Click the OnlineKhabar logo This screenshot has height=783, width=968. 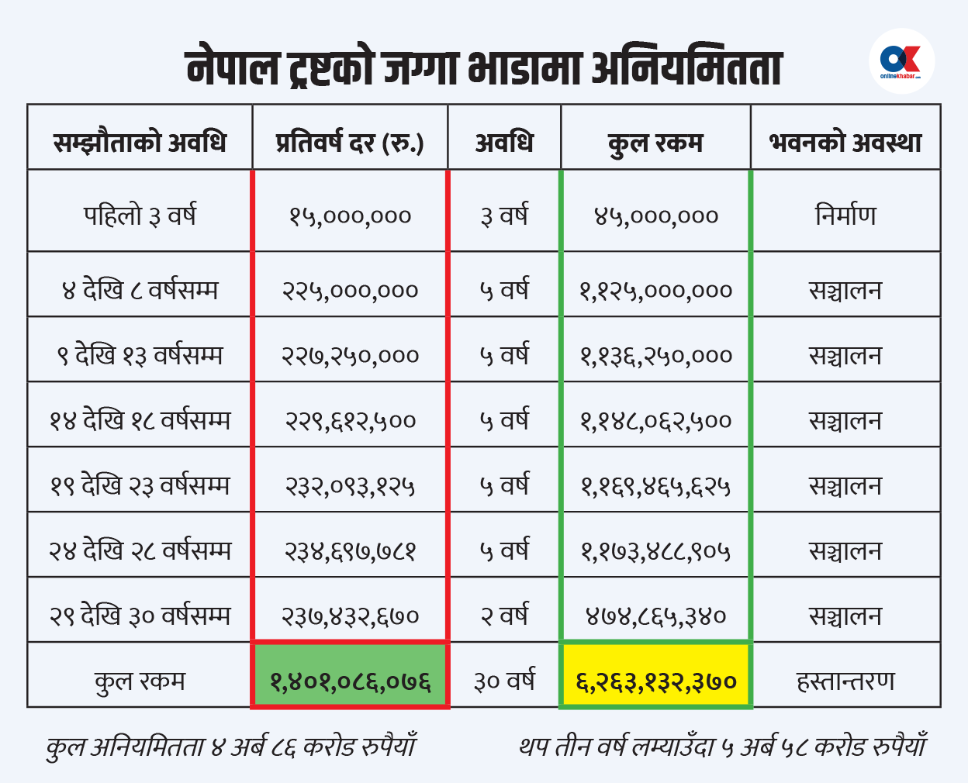click(901, 61)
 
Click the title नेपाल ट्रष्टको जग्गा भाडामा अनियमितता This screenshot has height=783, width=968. click(484, 67)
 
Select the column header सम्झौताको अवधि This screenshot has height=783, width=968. click(140, 143)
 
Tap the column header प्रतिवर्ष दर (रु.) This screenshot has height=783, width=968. click(350, 143)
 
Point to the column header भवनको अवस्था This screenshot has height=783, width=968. click(845, 143)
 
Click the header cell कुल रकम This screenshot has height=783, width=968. click(655, 143)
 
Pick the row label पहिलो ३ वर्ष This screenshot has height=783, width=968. click(140, 215)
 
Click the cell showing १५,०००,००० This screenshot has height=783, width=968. click(350, 216)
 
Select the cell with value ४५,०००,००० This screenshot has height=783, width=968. click(656, 216)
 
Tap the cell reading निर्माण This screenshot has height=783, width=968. click(845, 215)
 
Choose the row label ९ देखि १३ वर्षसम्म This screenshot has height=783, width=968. click(140, 356)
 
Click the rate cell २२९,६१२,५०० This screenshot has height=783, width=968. click(351, 421)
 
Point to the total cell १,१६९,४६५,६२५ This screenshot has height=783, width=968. click(656, 486)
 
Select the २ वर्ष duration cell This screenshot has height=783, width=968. click(504, 616)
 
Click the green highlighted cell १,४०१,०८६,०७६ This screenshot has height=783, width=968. click(351, 681)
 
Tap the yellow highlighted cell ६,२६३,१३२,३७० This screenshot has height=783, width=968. click(656, 681)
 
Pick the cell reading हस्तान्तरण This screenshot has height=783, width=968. click(845, 681)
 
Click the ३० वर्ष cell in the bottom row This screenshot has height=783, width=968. click(504, 681)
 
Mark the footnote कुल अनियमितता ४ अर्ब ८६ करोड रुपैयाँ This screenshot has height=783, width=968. click(231, 747)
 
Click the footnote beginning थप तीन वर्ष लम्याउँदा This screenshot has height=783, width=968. click(723, 747)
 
